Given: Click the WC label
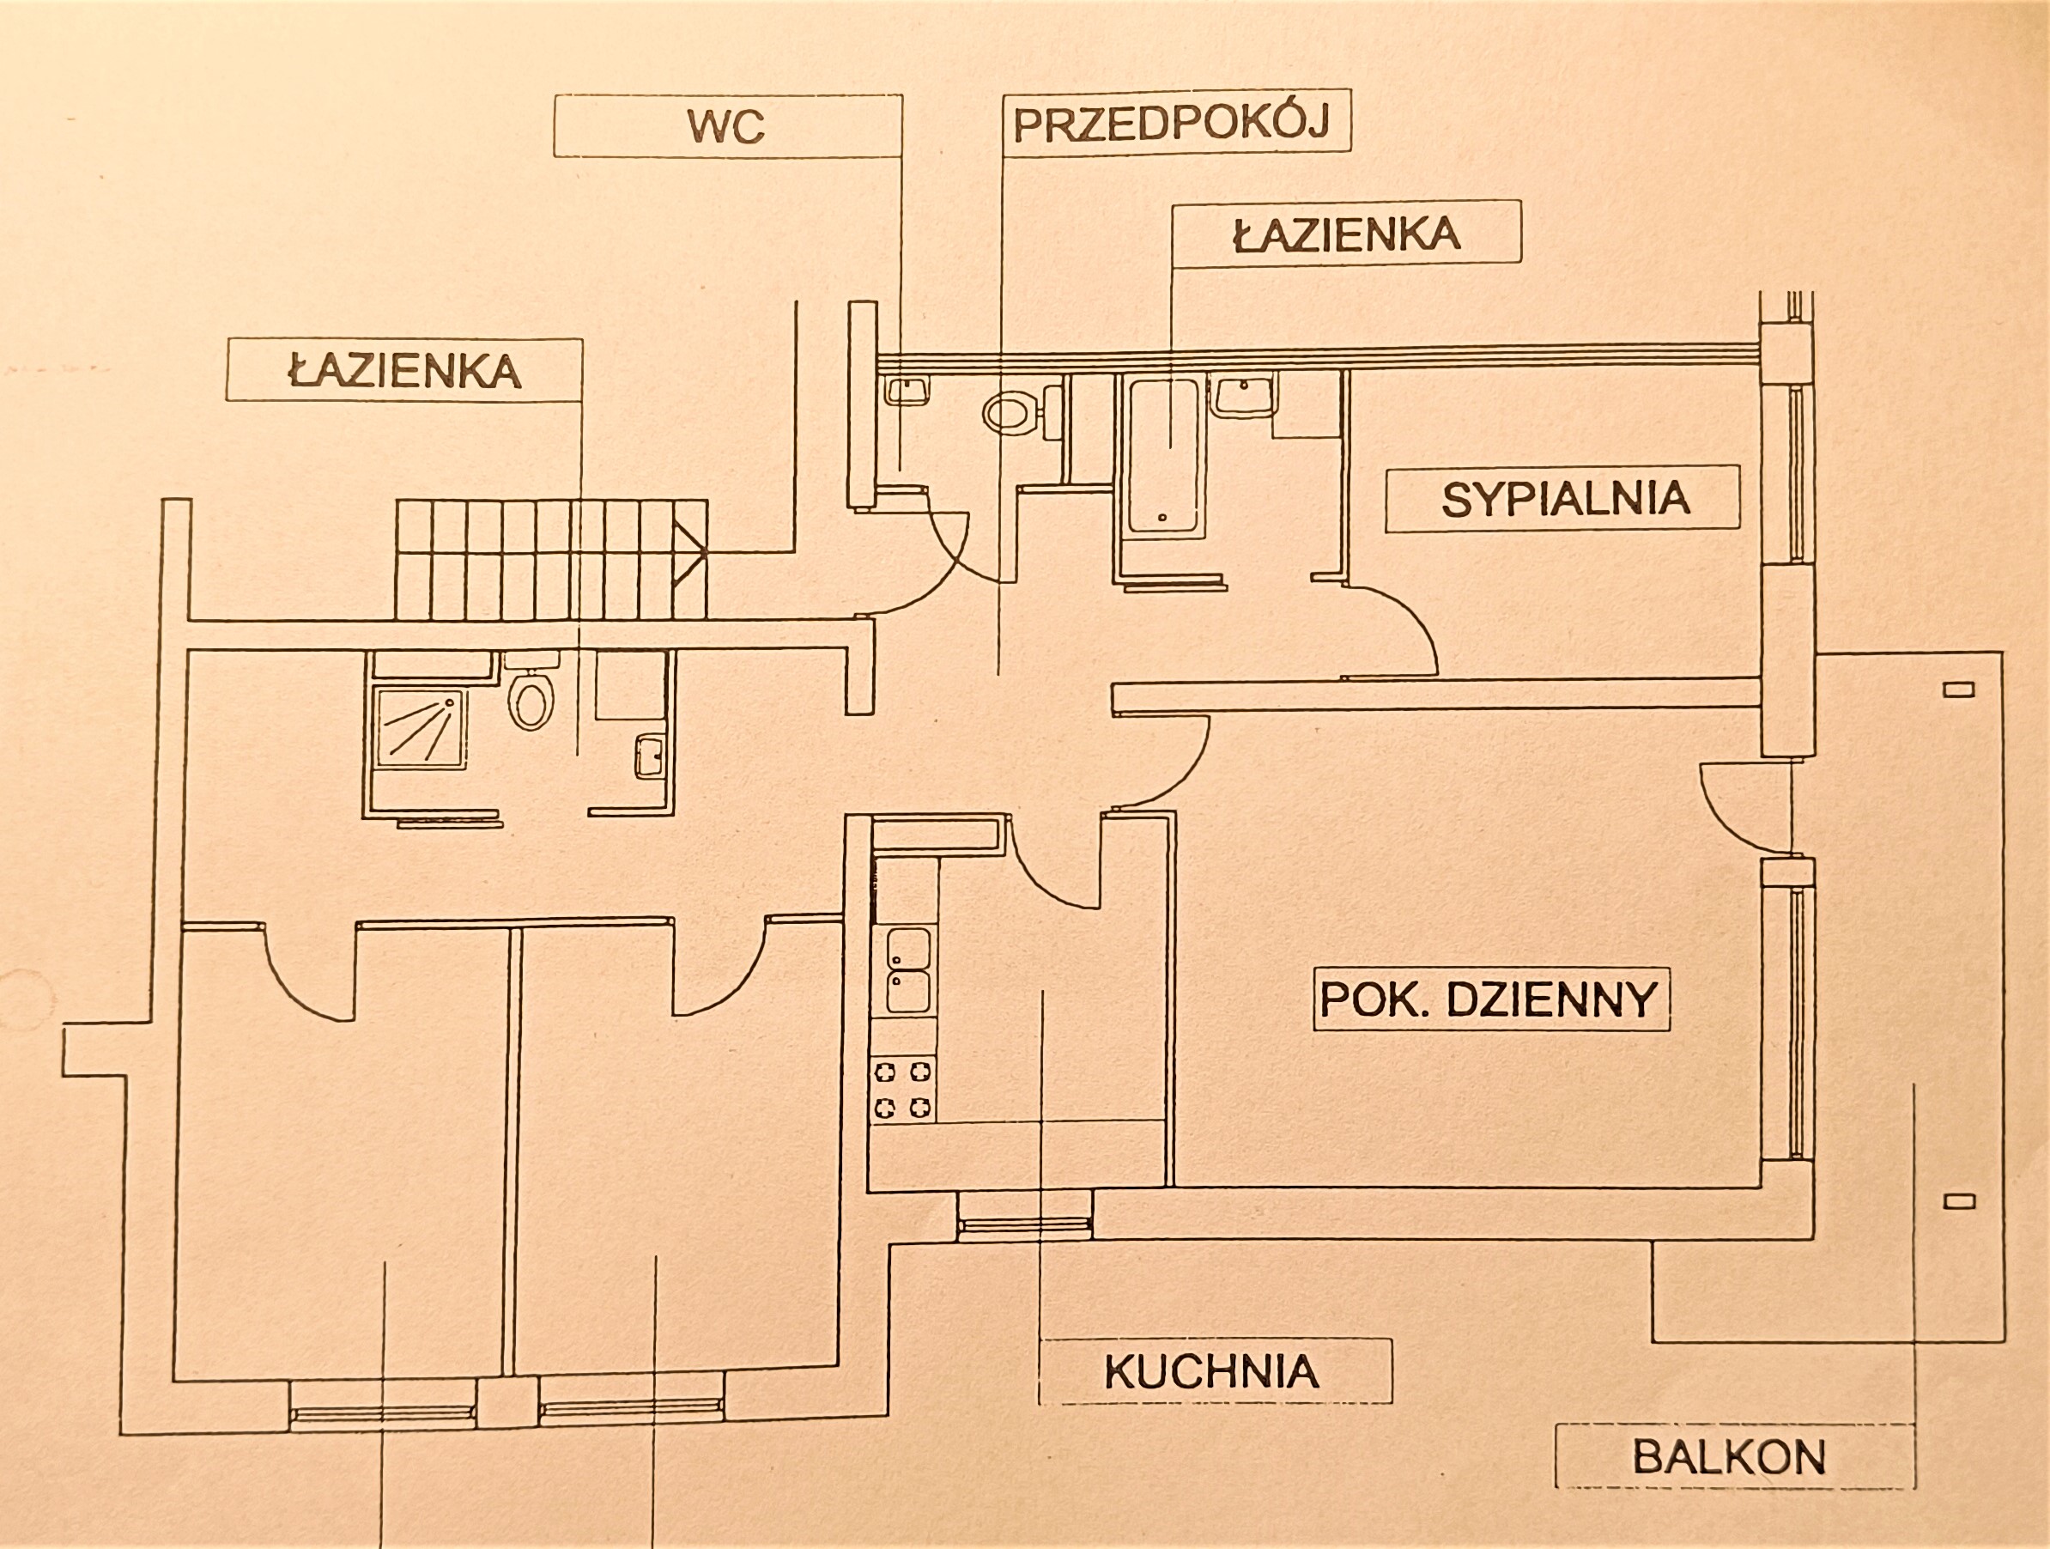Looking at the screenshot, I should click(x=726, y=126).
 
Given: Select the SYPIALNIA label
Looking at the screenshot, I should click(x=1564, y=499).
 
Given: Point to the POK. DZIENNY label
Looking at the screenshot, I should click(x=1489, y=999).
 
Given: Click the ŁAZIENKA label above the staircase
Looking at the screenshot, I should click(x=404, y=371).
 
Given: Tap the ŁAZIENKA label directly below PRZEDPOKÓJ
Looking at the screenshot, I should click(x=1347, y=234).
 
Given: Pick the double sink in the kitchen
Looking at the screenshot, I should click(x=907, y=969).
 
